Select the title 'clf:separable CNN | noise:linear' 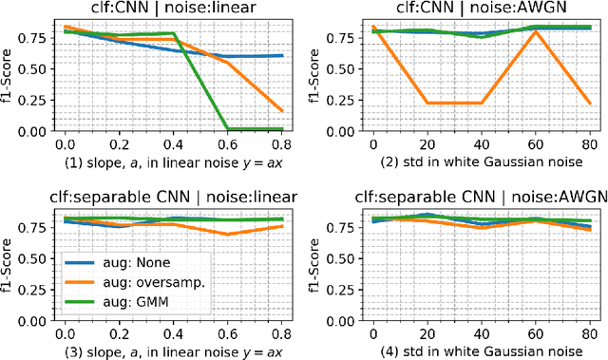pyautogui.click(x=172, y=198)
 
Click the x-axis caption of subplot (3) pyautogui.click(x=172, y=349)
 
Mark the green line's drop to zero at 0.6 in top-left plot pyautogui.click(x=226, y=128)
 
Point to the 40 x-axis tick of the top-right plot pyautogui.click(x=482, y=142)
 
